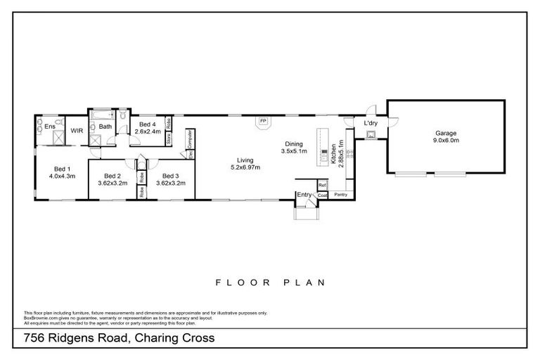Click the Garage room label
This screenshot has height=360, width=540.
pyautogui.click(x=445, y=133)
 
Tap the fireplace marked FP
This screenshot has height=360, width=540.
pyautogui.click(x=263, y=121)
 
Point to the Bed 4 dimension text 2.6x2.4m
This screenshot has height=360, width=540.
pyautogui.click(x=148, y=131)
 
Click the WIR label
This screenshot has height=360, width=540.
pyautogui.click(x=77, y=130)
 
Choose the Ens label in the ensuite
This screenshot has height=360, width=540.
pyautogui.click(x=50, y=127)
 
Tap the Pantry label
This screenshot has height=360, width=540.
pyautogui.click(x=340, y=194)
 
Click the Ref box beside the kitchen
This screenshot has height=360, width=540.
pyautogui.click(x=322, y=185)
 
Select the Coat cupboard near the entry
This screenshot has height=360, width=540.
pyautogui.click(x=321, y=195)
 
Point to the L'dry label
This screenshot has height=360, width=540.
pyautogui.click(x=371, y=124)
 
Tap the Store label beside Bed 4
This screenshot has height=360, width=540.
pyautogui.click(x=169, y=139)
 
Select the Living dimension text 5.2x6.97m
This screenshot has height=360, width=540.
pyautogui.click(x=245, y=167)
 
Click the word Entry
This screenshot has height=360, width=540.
pyautogui.click(x=304, y=194)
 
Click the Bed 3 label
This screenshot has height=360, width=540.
pyautogui.click(x=172, y=176)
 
